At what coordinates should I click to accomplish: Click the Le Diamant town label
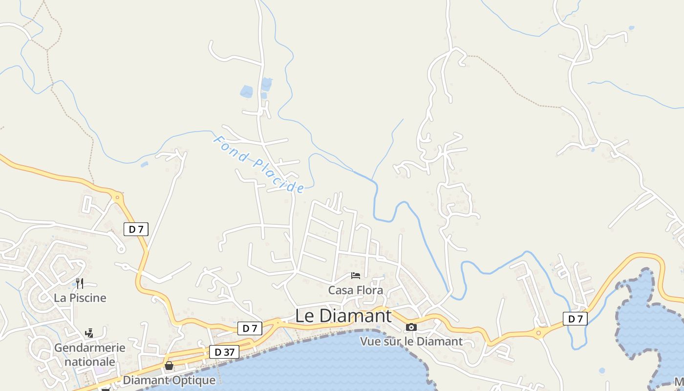(x=343, y=316)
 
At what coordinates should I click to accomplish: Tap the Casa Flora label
(x=355, y=290)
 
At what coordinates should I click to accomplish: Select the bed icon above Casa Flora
(x=356, y=276)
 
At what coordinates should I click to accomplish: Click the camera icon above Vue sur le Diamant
(x=411, y=327)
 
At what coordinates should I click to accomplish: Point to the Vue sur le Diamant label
(x=411, y=341)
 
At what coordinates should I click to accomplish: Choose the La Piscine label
(x=80, y=298)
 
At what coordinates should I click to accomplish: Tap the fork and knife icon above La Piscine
(x=80, y=283)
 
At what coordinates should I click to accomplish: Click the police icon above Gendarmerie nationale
(x=89, y=333)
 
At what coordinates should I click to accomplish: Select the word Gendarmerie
(x=89, y=348)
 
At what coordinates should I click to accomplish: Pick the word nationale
(x=89, y=362)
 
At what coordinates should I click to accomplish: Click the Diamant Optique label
(x=169, y=380)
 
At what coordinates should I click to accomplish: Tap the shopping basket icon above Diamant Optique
(x=169, y=366)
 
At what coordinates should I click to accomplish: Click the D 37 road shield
(x=224, y=352)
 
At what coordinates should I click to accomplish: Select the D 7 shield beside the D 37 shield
(x=250, y=328)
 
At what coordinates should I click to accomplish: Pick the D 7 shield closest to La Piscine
(x=136, y=229)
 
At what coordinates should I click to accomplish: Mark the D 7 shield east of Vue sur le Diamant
(x=575, y=319)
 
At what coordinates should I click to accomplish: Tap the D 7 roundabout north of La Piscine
(x=117, y=198)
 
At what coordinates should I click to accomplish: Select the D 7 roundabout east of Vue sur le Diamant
(x=538, y=333)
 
